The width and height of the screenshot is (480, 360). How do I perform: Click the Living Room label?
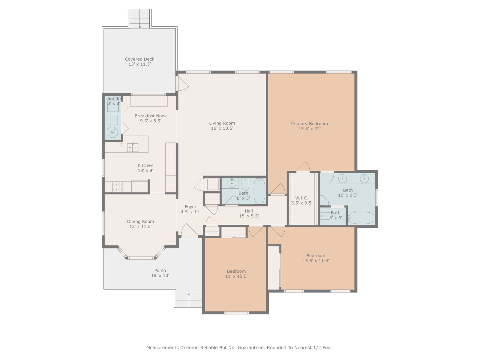[222, 123]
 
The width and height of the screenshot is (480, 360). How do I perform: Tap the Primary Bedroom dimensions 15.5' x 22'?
[309, 129]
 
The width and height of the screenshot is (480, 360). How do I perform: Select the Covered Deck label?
[139, 59]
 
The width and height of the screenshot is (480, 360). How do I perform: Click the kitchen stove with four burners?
[118, 187]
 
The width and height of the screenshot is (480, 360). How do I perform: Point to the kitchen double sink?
[133, 147]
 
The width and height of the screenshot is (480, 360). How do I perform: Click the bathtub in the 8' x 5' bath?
[259, 190]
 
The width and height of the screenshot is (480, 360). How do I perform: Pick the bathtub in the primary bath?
[361, 218]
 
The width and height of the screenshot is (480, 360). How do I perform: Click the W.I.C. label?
[301, 198]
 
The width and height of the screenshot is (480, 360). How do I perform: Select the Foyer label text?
[190, 207]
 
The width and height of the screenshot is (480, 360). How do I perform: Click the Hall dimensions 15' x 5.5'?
[249, 216]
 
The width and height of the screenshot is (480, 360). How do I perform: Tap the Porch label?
[160, 270]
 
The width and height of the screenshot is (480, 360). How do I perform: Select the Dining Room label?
[140, 221]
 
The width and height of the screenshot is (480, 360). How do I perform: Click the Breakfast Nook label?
[151, 116]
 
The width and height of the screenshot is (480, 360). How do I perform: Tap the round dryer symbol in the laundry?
[112, 132]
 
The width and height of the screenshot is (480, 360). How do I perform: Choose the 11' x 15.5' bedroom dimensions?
[236, 276]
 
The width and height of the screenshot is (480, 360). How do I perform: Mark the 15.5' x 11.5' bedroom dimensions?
[316, 260]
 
